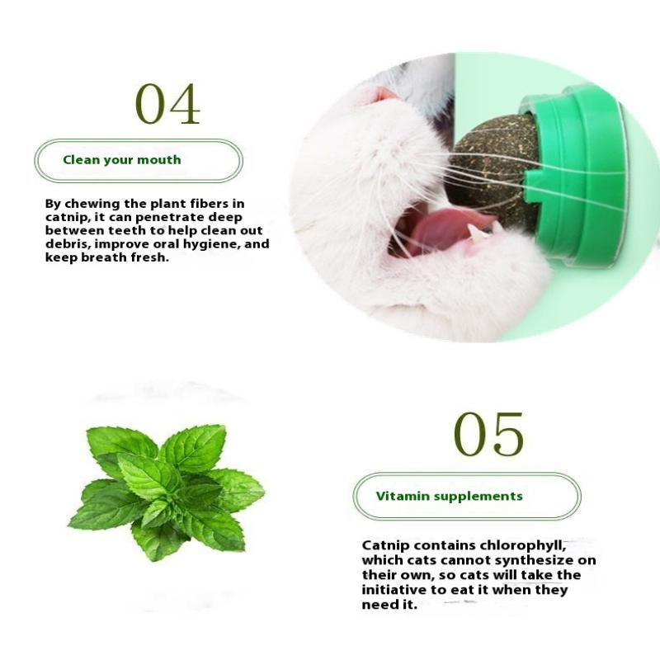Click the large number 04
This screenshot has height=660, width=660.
167,103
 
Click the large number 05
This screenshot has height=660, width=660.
488,435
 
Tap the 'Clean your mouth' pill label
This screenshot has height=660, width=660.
138,160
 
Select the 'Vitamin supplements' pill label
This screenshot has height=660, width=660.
466,496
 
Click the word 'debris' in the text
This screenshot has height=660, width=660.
66,244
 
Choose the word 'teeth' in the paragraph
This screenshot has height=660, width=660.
160,231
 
